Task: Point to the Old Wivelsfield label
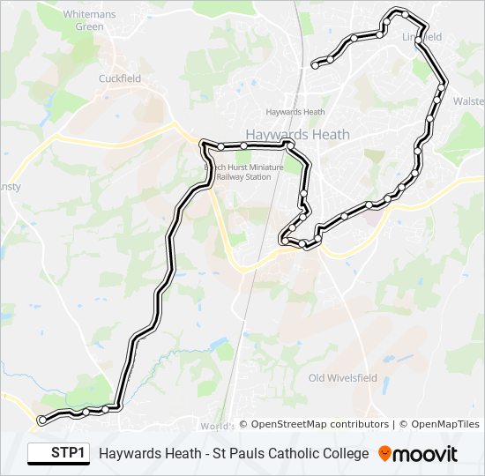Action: click(x=341, y=378)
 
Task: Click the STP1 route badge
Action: click(x=69, y=453)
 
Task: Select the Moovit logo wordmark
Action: click(x=425, y=454)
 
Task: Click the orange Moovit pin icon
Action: click(x=384, y=454)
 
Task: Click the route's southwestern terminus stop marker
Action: click(x=41, y=420)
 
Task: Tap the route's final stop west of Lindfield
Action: click(x=316, y=64)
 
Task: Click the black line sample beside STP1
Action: click(x=40, y=454)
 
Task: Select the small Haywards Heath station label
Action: click(x=295, y=112)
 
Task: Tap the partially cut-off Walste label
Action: click(x=467, y=101)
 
